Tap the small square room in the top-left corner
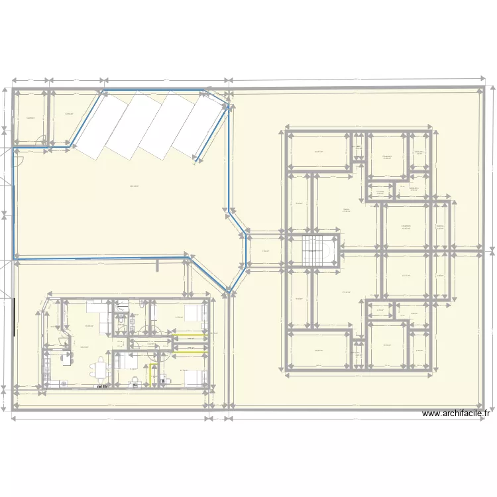point(30,117)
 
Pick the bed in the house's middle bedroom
point(123,361)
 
